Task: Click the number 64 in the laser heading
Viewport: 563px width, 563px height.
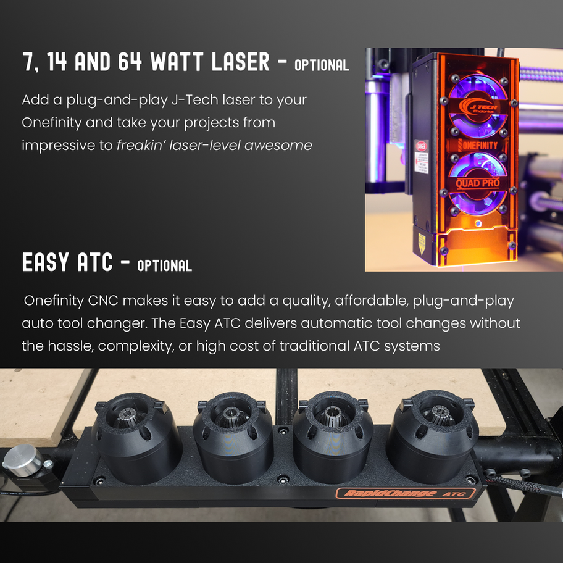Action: (x=130, y=61)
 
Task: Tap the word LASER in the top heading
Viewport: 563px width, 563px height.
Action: (x=241, y=61)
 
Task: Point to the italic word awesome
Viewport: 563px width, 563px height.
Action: (x=278, y=146)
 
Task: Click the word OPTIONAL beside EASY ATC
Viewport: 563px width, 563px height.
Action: (x=165, y=265)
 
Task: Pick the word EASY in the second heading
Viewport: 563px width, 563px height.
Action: (x=45, y=262)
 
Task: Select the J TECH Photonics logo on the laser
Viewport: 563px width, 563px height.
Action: (x=478, y=107)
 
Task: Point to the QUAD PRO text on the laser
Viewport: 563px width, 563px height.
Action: (x=478, y=183)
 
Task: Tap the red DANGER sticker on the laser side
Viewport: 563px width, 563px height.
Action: (x=422, y=157)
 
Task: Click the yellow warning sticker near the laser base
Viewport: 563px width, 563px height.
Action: (x=422, y=243)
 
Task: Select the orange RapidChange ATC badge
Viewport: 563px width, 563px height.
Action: (x=406, y=493)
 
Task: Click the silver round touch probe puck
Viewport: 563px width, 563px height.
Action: (x=23, y=461)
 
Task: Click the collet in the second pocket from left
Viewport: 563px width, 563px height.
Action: (x=230, y=417)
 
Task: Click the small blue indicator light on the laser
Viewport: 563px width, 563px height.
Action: (x=478, y=223)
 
